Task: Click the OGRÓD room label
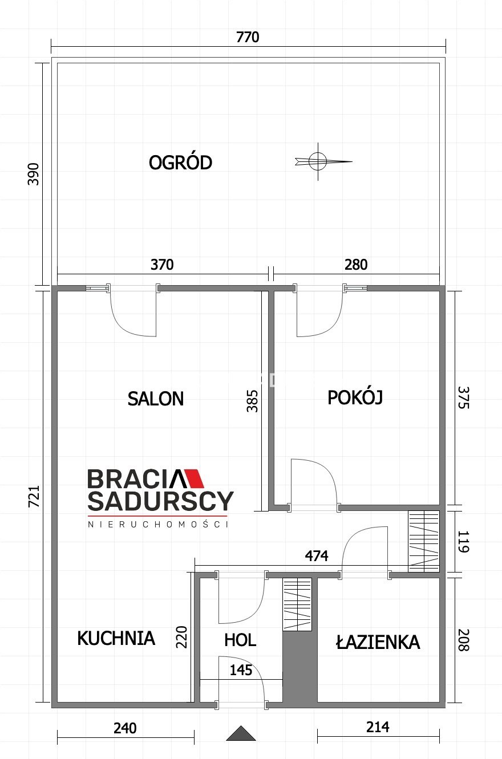coord(180,163)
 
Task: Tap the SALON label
coord(156,399)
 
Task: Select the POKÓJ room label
coord(355,397)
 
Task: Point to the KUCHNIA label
coord(116,638)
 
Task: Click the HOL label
coord(240,640)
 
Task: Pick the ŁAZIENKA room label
coord(378,642)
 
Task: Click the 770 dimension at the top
coord(248,37)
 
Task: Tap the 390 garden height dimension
coord(33,174)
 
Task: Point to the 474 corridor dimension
coord(317,555)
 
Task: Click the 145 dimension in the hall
coord(241,670)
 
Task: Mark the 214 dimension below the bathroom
coord(378,727)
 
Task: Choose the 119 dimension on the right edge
coord(463,542)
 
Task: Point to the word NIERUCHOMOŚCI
coord(158,524)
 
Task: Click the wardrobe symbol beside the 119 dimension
coord(424,542)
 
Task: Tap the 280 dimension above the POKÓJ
coord(356,265)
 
